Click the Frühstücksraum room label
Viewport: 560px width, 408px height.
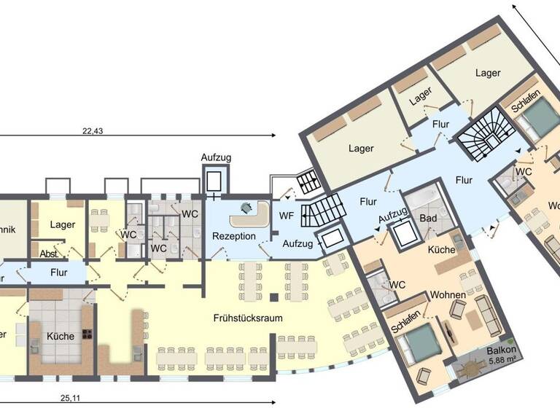coord(248,318)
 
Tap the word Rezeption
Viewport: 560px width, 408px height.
coord(233,236)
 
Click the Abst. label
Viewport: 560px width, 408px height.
coord(50,255)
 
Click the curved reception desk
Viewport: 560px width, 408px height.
coord(247,215)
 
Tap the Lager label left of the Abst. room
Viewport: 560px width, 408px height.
coord(63,225)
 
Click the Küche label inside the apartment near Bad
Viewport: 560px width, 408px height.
coord(442,250)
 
